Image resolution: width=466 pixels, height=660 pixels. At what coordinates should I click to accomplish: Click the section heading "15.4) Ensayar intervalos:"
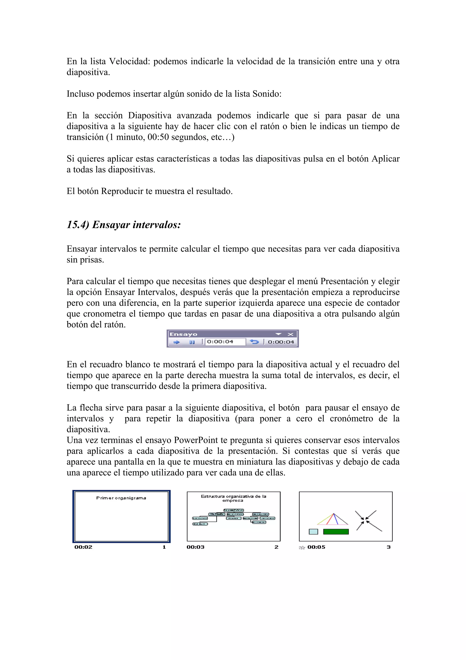[124, 225]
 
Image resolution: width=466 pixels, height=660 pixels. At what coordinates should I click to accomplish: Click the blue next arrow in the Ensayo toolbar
[177, 342]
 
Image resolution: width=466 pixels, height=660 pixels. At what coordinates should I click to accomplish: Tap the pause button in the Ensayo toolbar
[192, 342]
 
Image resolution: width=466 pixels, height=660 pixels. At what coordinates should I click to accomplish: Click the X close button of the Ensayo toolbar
[290, 334]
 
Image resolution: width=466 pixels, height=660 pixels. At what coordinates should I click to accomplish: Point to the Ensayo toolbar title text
[183, 334]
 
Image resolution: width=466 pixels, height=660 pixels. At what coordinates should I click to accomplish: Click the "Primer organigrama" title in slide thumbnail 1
[121, 498]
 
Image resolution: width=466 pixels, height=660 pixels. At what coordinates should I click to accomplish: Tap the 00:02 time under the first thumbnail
[83, 547]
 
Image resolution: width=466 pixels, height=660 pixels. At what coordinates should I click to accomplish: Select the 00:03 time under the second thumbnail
[195, 547]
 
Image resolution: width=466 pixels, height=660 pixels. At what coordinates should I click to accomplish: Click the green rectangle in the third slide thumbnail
[336, 532]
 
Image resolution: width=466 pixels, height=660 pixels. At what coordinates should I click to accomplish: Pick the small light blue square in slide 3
[313, 532]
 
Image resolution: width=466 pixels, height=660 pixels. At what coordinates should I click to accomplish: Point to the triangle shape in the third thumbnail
[333, 520]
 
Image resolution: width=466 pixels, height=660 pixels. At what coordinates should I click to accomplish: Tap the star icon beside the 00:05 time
[302, 547]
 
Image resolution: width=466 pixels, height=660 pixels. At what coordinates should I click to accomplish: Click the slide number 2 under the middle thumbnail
[276, 547]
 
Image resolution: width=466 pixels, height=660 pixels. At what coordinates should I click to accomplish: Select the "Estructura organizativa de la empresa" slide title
[233, 498]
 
